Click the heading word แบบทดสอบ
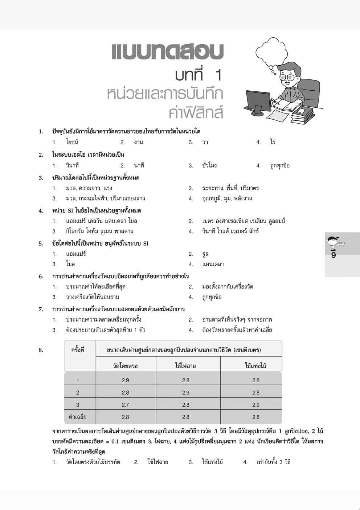pos(167,52)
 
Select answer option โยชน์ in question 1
pos(72,142)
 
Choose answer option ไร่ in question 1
pos(273,142)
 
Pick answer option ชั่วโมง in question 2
pos(209,165)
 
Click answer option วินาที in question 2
pos(72,165)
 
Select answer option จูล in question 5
pos(205,254)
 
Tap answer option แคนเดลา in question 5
pos(213,264)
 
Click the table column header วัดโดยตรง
pos(126,366)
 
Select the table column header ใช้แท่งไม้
pos(256,366)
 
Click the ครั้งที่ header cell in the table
pos(78,350)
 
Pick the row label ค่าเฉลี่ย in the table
pos(78,417)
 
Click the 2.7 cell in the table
pos(126,405)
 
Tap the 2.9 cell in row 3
pos(256,405)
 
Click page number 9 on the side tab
pos(334,255)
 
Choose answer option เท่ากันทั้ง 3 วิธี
pos(273,462)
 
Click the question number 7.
pos(41,309)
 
